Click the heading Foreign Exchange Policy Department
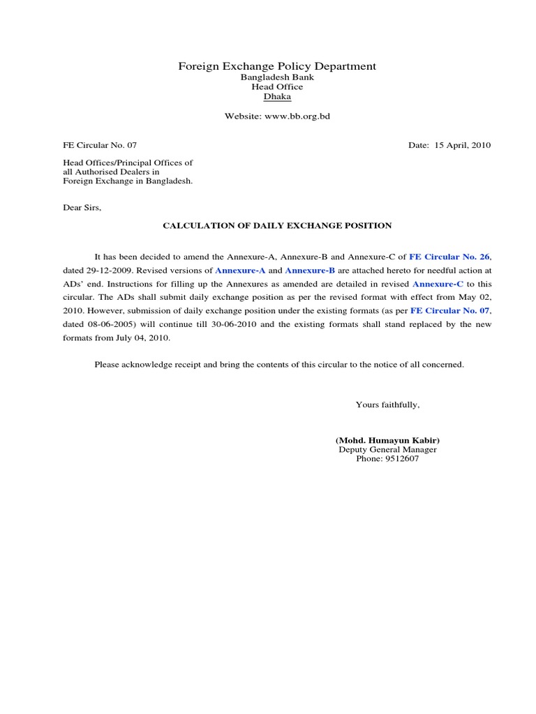(x=277, y=66)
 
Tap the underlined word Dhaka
(x=277, y=97)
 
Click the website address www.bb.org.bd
(x=297, y=116)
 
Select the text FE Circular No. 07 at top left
(x=100, y=145)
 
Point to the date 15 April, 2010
(x=463, y=145)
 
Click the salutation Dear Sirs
(x=82, y=208)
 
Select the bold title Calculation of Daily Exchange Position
(x=277, y=226)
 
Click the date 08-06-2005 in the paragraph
(x=119, y=324)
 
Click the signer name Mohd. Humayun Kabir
(x=387, y=441)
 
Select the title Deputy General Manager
(x=387, y=450)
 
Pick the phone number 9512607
(x=401, y=459)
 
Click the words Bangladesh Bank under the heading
(x=277, y=77)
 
